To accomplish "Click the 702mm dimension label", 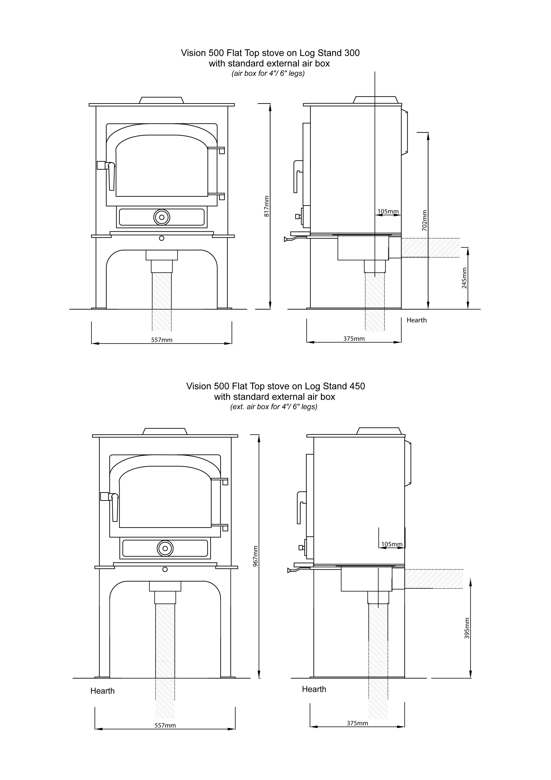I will point(424,220).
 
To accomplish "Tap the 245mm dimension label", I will point(464,278).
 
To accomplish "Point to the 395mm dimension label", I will point(467,628).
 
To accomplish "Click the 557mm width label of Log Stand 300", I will point(162,340).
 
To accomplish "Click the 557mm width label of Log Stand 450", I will point(165,725).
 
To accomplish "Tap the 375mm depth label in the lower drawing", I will point(357,723).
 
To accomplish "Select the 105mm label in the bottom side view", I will point(392,544).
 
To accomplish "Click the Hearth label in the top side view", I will point(416,320).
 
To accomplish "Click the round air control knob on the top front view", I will point(162,217).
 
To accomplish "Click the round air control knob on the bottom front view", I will point(165,548).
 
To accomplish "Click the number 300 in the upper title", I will point(352,53).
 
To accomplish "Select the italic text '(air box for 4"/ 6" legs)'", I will point(268,73).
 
